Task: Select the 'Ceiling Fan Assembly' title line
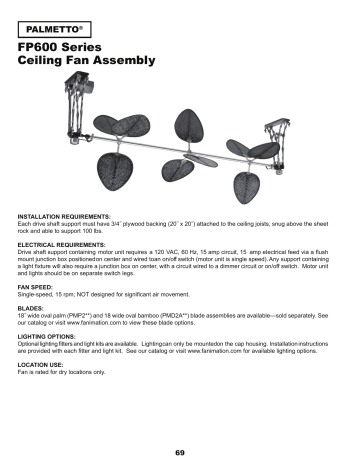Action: click(88, 61)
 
